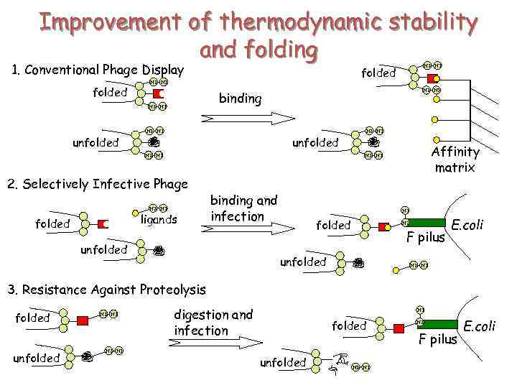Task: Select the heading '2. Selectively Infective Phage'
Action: (x=97, y=184)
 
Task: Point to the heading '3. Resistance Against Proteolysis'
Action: (x=106, y=290)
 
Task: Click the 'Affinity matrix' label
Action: (x=455, y=160)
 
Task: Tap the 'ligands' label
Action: (x=159, y=219)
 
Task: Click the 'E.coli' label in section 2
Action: (x=467, y=225)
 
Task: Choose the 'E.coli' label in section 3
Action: (x=479, y=326)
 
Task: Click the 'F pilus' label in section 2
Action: (x=426, y=237)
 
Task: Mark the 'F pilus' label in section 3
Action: (x=438, y=339)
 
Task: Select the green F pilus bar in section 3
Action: (x=439, y=325)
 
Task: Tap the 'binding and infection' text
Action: (x=243, y=208)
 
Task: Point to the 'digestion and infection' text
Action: (x=213, y=322)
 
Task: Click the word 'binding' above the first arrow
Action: (x=240, y=98)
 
